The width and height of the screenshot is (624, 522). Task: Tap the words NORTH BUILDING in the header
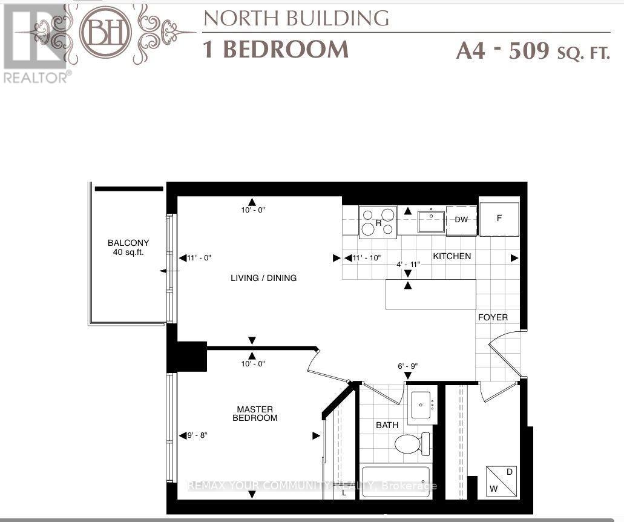[297, 18]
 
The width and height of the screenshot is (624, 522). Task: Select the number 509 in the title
[529, 51]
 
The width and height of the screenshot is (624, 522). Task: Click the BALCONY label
[128, 243]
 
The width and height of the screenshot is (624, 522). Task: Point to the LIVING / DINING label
[263, 278]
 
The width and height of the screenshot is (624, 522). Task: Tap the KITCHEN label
[452, 256]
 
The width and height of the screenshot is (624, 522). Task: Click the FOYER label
[493, 317]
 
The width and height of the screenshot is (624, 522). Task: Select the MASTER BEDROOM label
[255, 413]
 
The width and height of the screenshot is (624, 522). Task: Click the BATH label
[387, 425]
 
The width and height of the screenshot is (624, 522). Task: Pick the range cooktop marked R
[378, 222]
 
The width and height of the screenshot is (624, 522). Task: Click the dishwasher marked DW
[461, 220]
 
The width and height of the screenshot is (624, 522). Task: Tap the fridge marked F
[499, 219]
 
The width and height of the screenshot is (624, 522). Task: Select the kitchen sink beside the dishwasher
[432, 222]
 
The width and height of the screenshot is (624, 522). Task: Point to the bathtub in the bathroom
[396, 481]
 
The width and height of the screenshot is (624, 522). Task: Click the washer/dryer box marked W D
[502, 481]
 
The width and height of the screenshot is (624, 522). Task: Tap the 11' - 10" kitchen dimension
[367, 258]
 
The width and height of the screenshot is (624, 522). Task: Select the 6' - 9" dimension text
[408, 366]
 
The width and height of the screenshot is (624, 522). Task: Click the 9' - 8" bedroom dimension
[197, 435]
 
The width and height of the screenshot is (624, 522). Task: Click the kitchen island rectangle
[431, 294]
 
